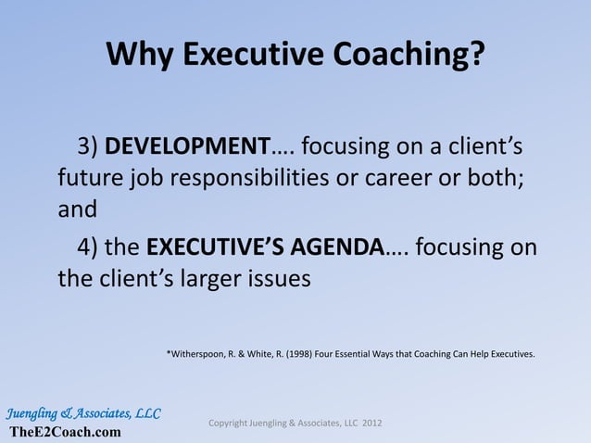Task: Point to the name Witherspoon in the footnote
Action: [200, 353]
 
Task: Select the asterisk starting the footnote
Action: [169, 352]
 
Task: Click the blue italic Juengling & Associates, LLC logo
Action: [83, 412]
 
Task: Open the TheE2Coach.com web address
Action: [65, 432]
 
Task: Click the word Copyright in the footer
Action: [231, 424]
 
